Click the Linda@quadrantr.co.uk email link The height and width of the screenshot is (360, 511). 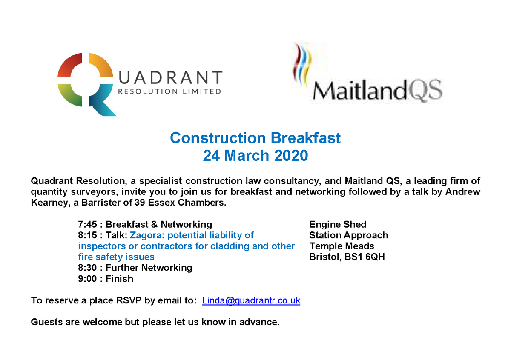[x=251, y=300]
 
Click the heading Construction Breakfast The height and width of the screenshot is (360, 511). [x=255, y=138]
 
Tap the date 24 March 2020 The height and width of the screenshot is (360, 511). [x=255, y=156]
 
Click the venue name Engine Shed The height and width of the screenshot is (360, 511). [x=338, y=224]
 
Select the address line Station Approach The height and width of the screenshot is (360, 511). [x=348, y=235]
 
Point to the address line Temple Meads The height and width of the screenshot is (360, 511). [x=342, y=246]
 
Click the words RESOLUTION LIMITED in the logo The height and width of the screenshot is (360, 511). [x=169, y=91]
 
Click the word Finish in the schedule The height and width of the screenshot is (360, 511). [x=119, y=279]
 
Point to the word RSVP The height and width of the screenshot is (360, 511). [x=129, y=300]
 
